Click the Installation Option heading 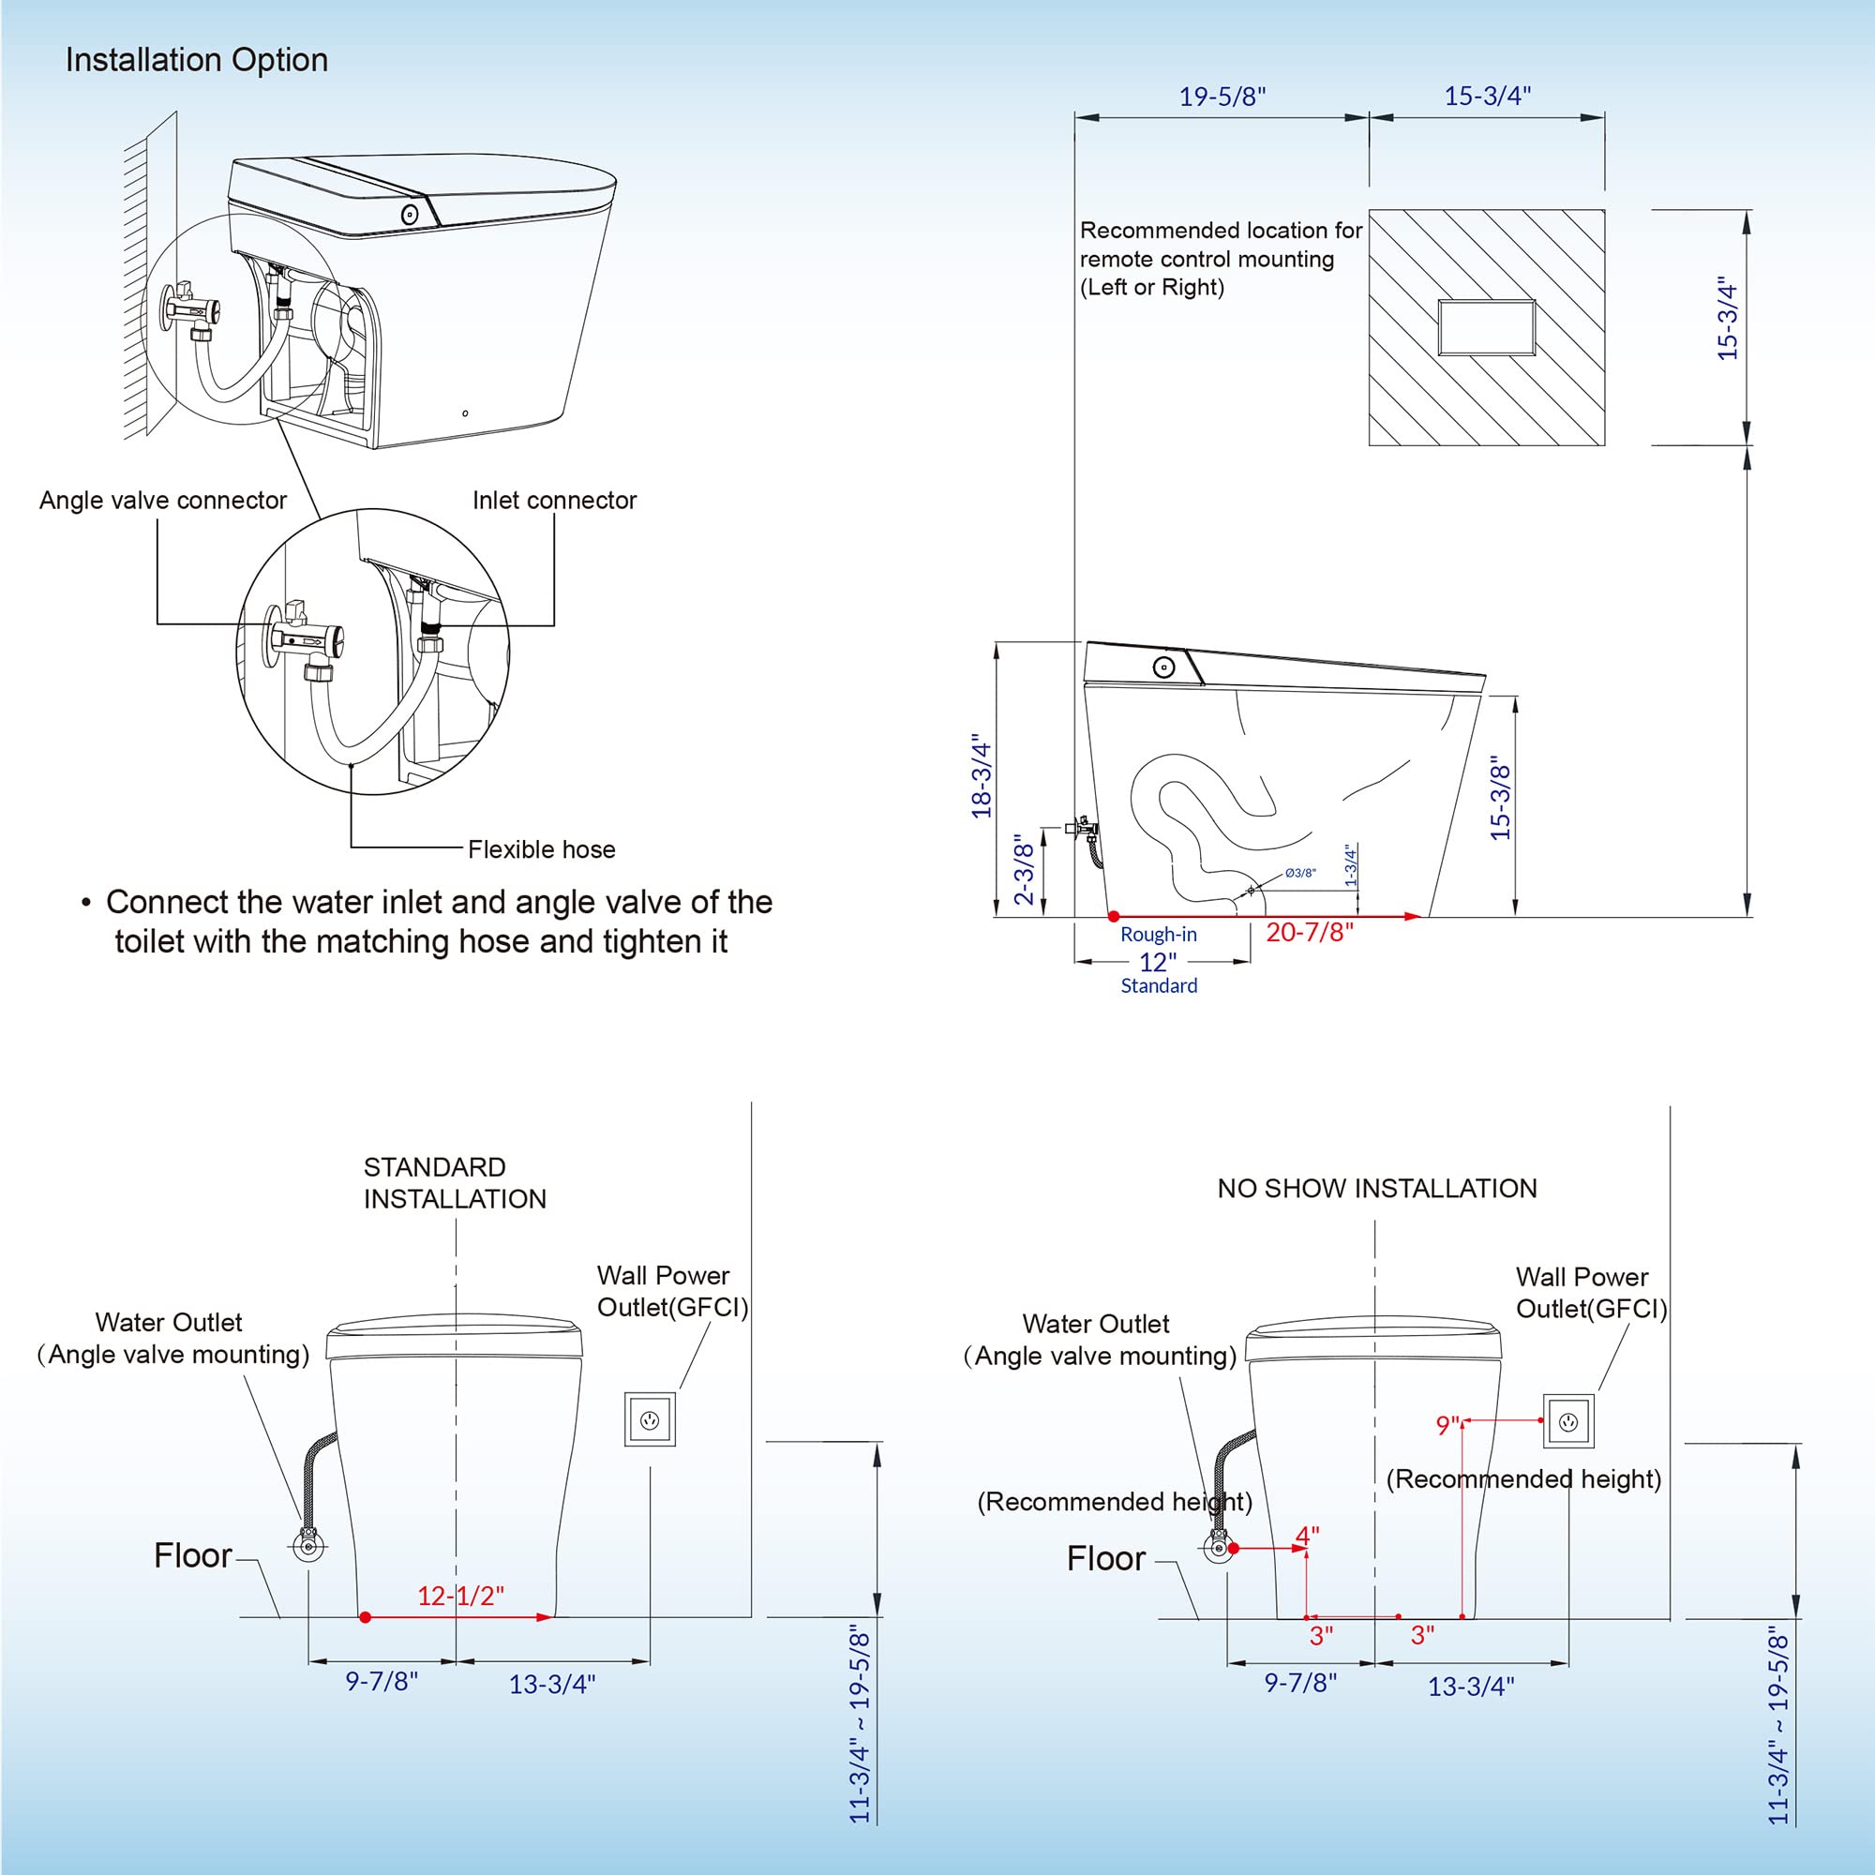pos(196,60)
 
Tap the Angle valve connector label pos(163,500)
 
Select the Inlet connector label pos(554,500)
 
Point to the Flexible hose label pos(542,849)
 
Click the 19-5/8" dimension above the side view pos(1222,97)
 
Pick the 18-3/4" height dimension pos(982,776)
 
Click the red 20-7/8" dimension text pos(1309,933)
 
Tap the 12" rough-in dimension pos(1158,962)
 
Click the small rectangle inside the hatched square pos(1486,328)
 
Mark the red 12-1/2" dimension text pos(461,1597)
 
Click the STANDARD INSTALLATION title pos(454,1183)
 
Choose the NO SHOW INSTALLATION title pos(1376,1189)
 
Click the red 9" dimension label pos(1447,1426)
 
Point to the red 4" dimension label pos(1307,1537)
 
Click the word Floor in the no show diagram pos(1105,1559)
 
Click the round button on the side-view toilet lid pos(1163,667)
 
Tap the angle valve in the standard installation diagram pos(308,1545)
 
